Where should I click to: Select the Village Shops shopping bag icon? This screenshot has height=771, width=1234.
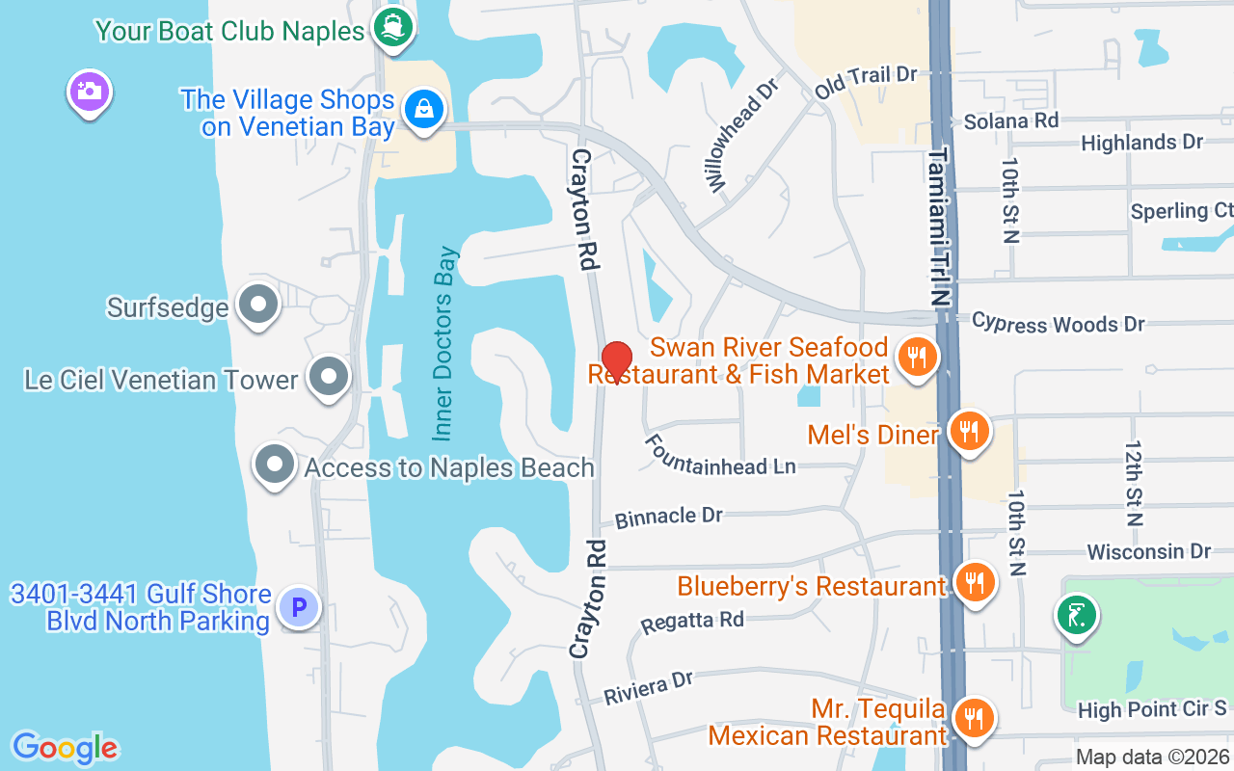[423, 109]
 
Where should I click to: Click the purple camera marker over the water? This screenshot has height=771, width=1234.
[89, 93]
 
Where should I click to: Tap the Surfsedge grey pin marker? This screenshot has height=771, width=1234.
[257, 306]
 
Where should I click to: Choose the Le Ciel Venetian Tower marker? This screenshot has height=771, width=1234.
[329, 378]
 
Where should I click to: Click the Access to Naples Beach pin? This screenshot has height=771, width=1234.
[275, 465]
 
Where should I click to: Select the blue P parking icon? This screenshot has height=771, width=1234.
[299, 607]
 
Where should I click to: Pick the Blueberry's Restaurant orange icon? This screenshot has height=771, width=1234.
[974, 582]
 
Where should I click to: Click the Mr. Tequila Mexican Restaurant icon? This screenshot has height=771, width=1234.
[974, 718]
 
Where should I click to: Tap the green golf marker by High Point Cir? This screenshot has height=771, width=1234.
[1077, 615]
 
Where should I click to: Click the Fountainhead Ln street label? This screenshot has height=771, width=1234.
[720, 453]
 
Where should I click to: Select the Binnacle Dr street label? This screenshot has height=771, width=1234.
[669, 517]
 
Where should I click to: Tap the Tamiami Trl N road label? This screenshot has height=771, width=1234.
[939, 226]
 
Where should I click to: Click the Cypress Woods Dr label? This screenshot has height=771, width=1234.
[1058, 322]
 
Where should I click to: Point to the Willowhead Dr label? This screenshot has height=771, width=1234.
[740, 135]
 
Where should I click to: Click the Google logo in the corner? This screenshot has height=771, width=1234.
[65, 748]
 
